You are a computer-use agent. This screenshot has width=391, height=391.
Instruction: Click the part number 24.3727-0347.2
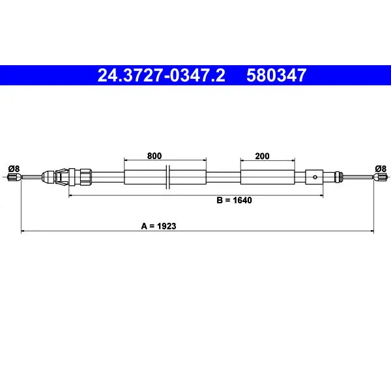(161, 76)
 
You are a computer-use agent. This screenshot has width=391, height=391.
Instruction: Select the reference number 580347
(276, 76)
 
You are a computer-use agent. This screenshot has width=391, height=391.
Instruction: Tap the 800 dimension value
(154, 156)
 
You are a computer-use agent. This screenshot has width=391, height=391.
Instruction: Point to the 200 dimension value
(262, 156)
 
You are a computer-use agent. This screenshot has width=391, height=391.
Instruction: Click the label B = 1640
(234, 200)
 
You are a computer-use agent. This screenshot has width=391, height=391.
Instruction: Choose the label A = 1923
(158, 226)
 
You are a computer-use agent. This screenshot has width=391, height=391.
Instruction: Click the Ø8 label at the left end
(14, 169)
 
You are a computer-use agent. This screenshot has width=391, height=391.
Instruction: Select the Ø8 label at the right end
(381, 169)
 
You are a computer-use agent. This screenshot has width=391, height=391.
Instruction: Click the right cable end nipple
(380, 177)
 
